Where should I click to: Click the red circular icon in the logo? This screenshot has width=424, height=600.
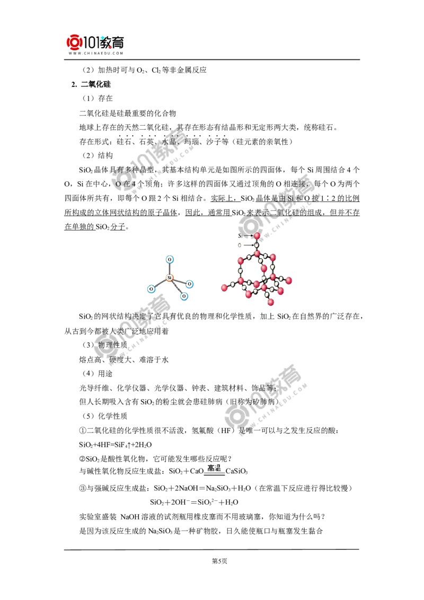[x=75, y=42]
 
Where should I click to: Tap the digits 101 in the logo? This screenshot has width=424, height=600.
[x=91, y=41]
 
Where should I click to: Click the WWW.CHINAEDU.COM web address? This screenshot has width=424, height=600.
[x=95, y=53]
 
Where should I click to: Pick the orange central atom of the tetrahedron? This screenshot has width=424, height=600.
[x=170, y=277]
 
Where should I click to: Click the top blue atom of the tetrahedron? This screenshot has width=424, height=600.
[x=170, y=259]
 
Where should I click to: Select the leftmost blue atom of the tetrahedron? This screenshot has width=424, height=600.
[x=151, y=289]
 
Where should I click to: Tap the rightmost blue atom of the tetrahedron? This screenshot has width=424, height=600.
[x=190, y=284]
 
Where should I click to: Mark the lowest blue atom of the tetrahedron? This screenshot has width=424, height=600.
[x=184, y=296]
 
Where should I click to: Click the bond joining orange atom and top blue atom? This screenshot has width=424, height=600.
[x=170, y=268]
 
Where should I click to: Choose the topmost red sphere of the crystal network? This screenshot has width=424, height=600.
[x=257, y=236]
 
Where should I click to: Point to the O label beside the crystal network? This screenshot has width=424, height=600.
[x=240, y=245]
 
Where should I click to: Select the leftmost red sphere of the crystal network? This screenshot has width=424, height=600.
[x=225, y=288]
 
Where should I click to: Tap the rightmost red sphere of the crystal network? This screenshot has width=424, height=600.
[x=289, y=279]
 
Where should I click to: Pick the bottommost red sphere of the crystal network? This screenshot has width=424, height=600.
[x=270, y=302]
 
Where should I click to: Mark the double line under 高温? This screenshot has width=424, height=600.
[x=214, y=475]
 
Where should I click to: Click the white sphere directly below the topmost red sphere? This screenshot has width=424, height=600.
[x=257, y=245]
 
